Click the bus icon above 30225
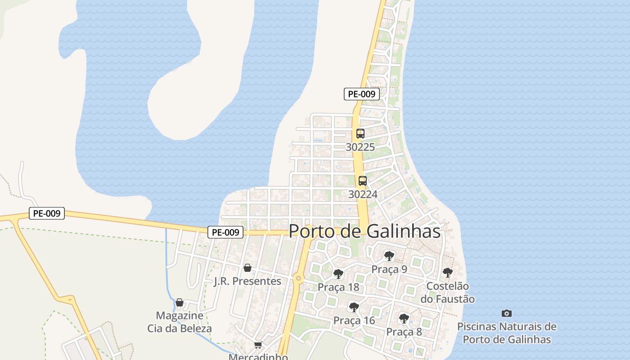click(360, 134)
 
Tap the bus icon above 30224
click(363, 181)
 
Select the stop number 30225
click(360, 147)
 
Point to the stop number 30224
click(363, 194)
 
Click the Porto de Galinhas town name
click(364, 231)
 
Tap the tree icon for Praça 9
click(389, 256)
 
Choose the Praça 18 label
click(338, 287)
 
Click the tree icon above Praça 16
click(354, 307)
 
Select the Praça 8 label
click(404, 332)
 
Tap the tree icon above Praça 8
click(404, 319)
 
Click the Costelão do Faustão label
click(447, 292)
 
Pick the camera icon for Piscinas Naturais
click(507, 313)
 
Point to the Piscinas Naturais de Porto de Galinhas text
click(507, 333)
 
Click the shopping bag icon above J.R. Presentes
click(247, 268)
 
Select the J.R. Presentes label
click(247, 281)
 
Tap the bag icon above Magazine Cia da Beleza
click(180, 302)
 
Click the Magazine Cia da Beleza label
click(180, 322)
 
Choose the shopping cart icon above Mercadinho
click(258, 345)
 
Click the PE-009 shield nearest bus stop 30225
click(362, 94)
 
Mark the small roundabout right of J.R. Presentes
click(298, 279)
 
